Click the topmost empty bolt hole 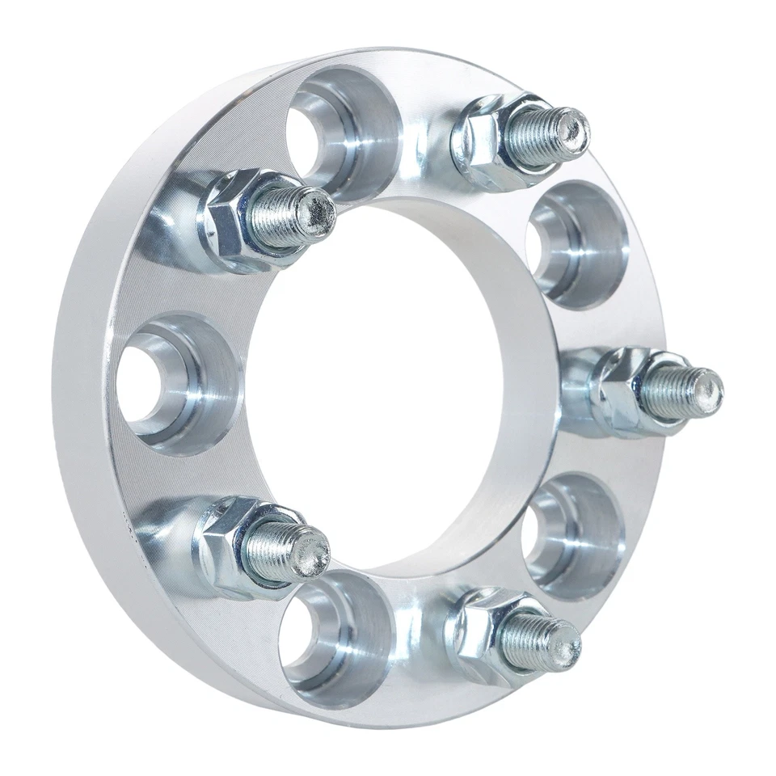pyautogui.click(x=344, y=133)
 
